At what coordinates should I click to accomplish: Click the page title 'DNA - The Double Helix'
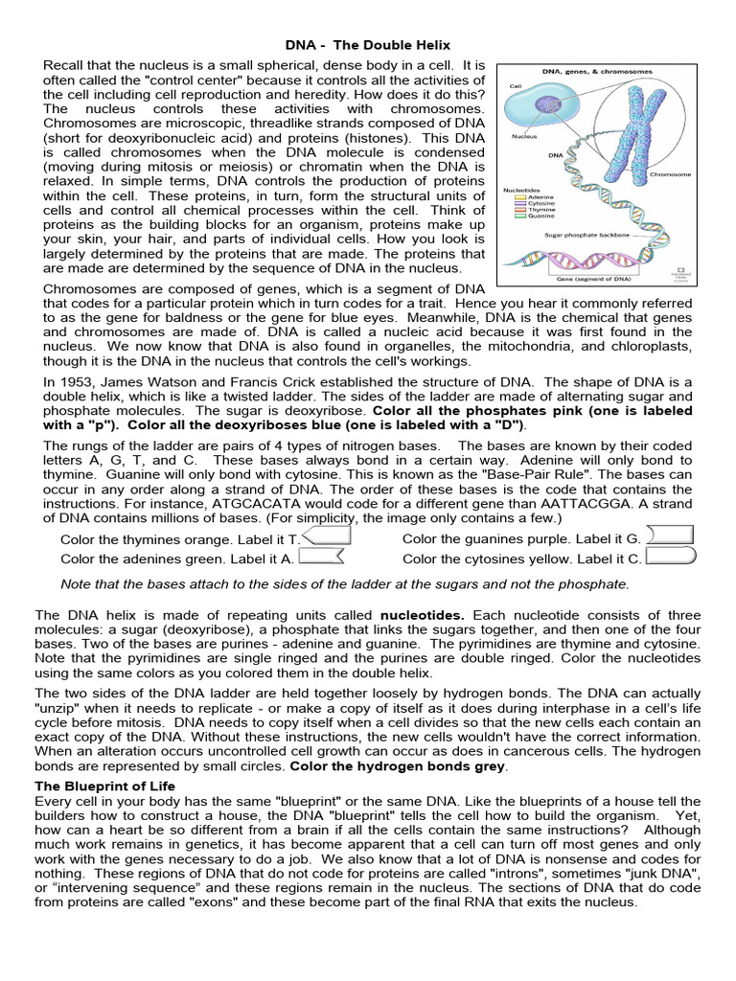coord(369,45)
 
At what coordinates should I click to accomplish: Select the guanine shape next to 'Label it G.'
coord(670,537)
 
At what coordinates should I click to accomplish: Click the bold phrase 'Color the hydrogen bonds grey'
coord(398,766)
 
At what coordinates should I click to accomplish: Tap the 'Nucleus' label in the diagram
coord(523,137)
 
